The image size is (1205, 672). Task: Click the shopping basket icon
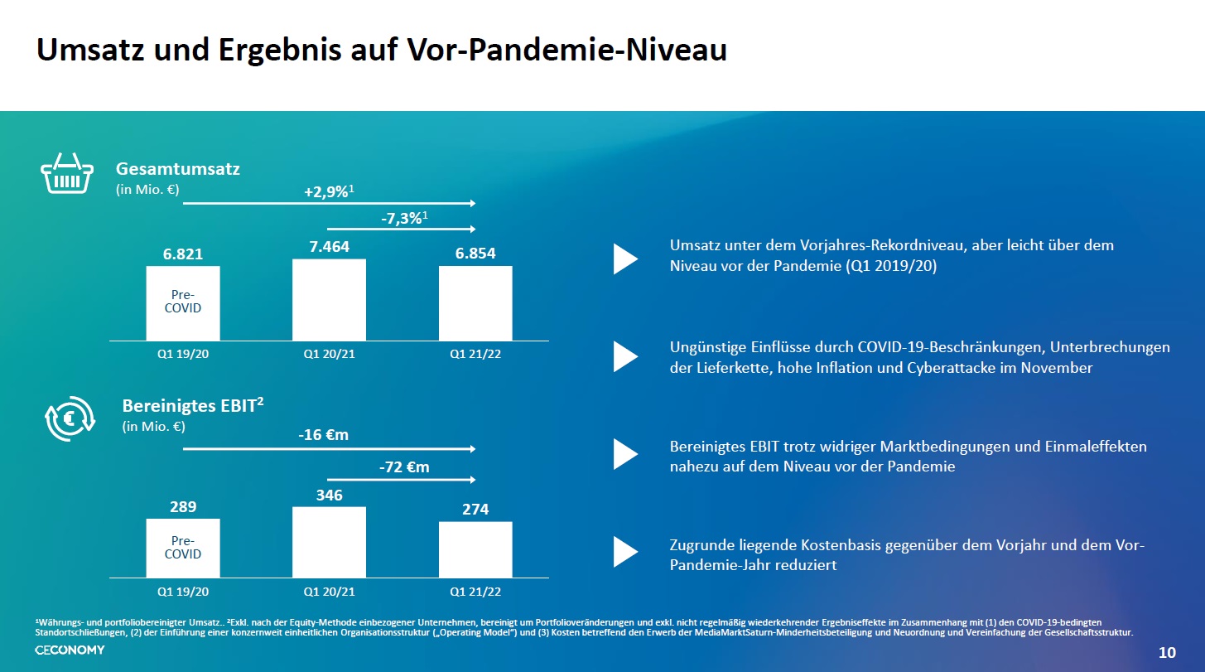(67, 173)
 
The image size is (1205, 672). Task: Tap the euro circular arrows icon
(70, 418)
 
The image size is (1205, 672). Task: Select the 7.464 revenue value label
(329, 247)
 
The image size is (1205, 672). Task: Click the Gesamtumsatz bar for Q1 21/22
(475, 303)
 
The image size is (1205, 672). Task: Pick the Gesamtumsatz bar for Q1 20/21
(329, 300)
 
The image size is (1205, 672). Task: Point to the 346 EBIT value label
(329, 495)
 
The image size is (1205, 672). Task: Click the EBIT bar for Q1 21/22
(475, 549)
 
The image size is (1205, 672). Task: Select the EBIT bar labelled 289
(183, 548)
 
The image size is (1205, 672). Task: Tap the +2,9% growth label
(329, 191)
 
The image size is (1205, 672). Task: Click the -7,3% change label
(403, 218)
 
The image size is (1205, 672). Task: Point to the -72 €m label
(403, 467)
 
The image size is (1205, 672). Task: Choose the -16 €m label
(323, 435)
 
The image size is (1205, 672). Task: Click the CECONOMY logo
(70, 650)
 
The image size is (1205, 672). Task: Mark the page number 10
(1167, 653)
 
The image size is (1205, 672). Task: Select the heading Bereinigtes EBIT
(193, 406)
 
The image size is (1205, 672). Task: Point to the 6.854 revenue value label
(475, 254)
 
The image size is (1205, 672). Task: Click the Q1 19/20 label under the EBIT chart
(183, 592)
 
